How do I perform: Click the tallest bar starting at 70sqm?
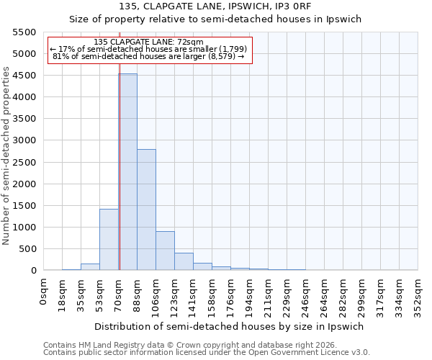click(x=127, y=172)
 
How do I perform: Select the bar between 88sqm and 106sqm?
click(x=146, y=210)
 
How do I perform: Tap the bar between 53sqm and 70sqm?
click(x=109, y=240)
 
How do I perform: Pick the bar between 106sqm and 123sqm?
click(x=165, y=251)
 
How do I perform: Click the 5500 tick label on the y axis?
click(x=24, y=32)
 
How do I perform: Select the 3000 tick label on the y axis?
click(x=24, y=140)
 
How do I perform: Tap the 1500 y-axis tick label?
click(x=24, y=206)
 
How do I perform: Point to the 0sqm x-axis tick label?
click(x=44, y=291)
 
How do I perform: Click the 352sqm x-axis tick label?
click(x=418, y=295)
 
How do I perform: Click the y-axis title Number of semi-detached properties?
click(x=6, y=156)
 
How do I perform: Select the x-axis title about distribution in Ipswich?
click(x=230, y=326)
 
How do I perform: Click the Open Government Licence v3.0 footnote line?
click(x=207, y=353)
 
